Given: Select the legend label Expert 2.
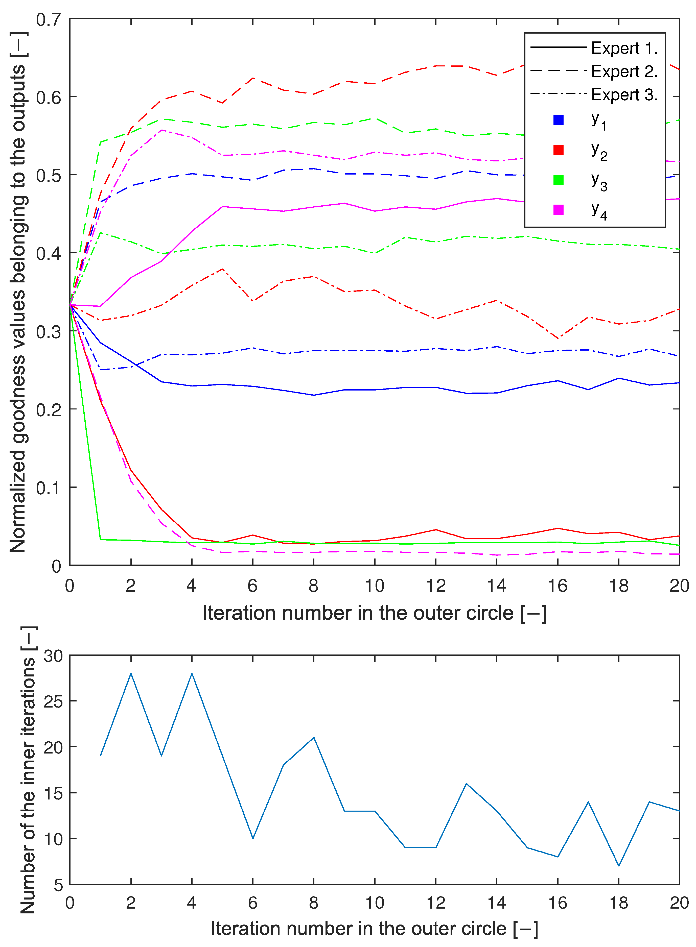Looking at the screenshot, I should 624,71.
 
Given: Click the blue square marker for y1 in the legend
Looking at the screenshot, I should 558,120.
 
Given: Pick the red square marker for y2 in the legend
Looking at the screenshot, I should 558,150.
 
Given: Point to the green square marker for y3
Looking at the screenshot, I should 558,180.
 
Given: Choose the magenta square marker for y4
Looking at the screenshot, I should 558,210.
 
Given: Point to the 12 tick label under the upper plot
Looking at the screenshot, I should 436,586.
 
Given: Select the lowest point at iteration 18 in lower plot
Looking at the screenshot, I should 619,866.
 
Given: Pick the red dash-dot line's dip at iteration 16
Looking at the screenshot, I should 558,338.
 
